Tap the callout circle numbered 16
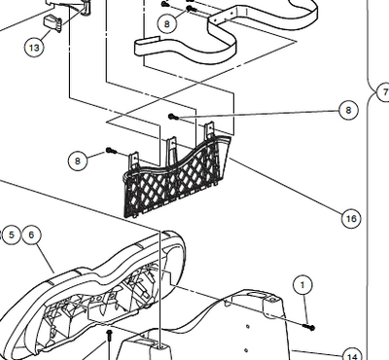[x=351, y=219]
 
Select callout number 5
[x=12, y=234]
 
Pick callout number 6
[x=31, y=234]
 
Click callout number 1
[x=303, y=285]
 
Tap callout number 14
[x=353, y=355]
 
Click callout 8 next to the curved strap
[x=169, y=21]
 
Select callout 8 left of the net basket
[x=77, y=160]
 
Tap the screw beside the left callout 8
[x=111, y=152]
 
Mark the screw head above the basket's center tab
[x=173, y=117]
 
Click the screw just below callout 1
[x=310, y=327]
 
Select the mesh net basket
[x=175, y=180]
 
